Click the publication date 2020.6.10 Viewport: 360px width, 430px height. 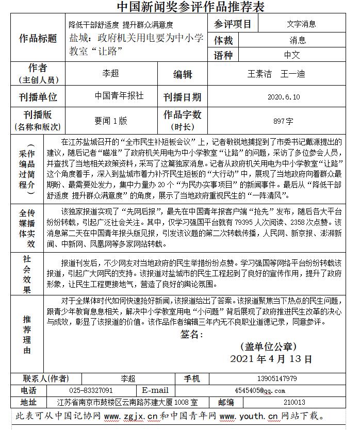283,97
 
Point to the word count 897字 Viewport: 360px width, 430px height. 283,121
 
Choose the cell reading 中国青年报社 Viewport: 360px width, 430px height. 119,96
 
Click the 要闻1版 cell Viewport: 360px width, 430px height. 110,121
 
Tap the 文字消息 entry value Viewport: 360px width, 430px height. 302,24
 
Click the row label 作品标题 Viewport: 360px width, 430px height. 38,39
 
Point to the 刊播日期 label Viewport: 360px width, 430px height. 183,97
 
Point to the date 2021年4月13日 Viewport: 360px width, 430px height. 271,358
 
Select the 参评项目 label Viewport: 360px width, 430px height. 233,24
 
